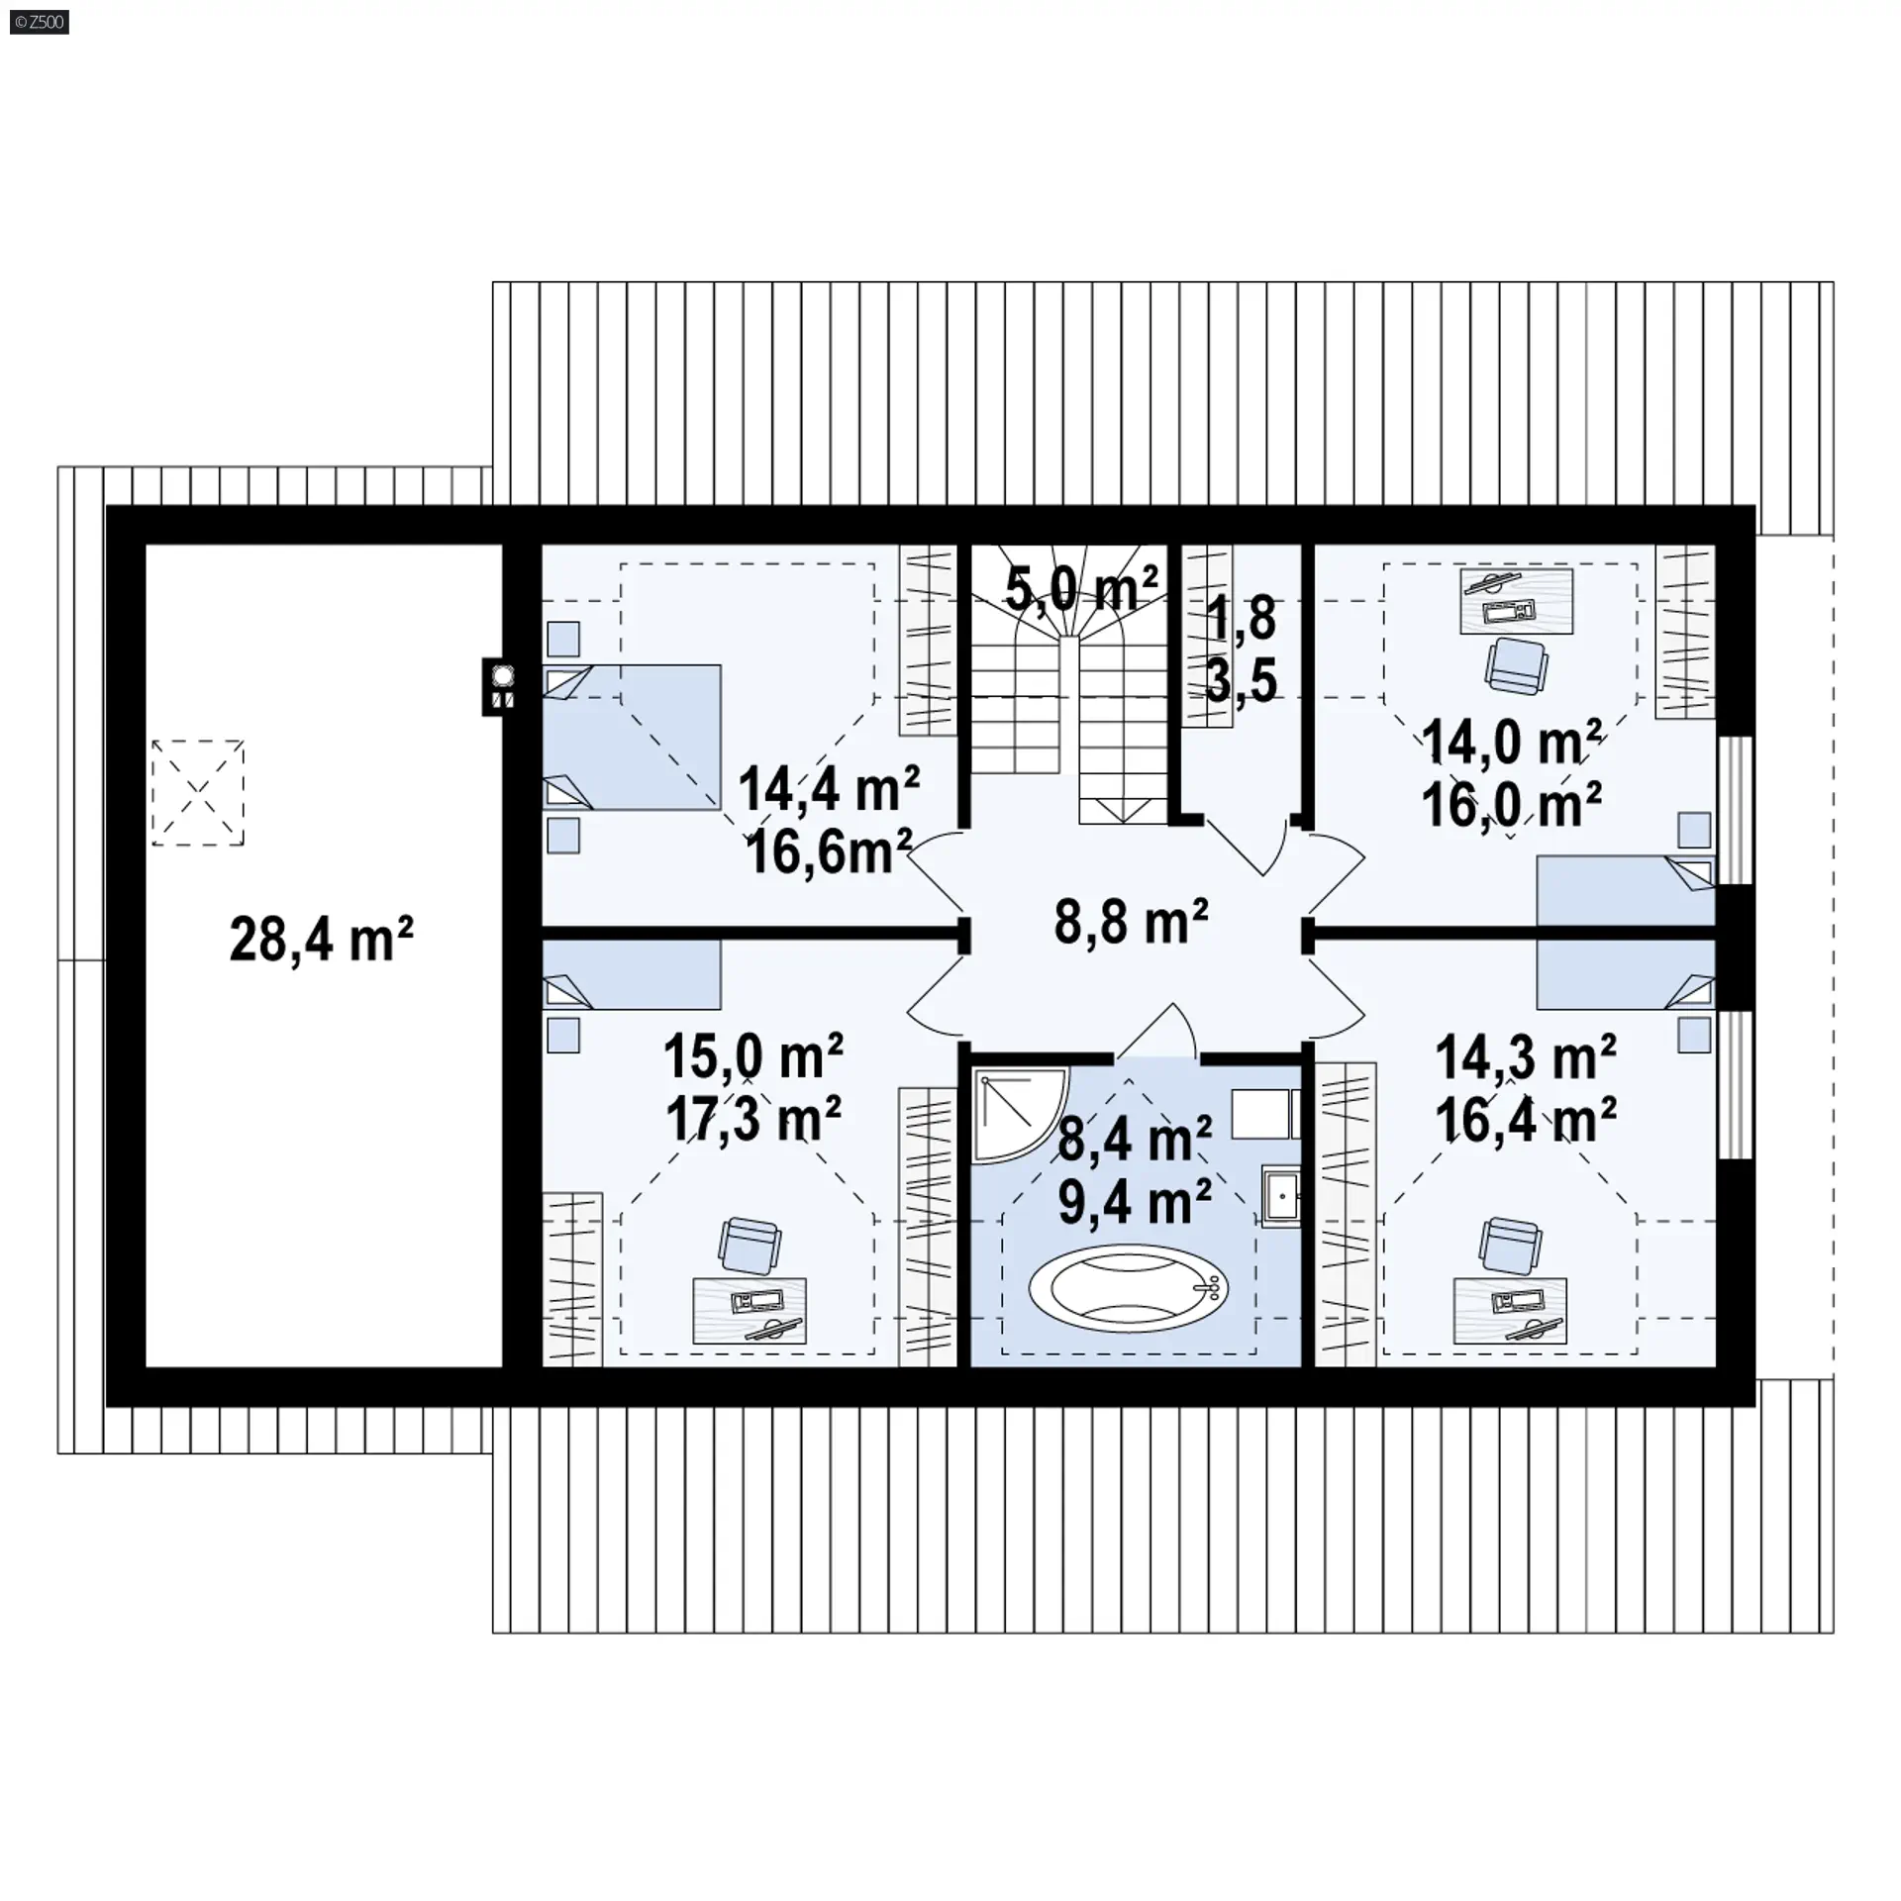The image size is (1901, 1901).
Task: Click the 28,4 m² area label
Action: pos(321,939)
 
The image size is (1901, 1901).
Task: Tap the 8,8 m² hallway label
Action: pos(1131,922)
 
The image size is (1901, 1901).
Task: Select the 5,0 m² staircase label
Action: pos(1081,589)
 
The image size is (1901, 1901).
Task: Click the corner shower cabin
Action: pos(1015,1109)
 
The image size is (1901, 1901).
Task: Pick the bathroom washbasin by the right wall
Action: pos(1280,1196)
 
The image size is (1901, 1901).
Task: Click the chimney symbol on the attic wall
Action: pos(503,686)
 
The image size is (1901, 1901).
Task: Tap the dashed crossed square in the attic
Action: pos(198,792)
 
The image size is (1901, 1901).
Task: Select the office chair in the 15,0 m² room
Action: pos(749,1245)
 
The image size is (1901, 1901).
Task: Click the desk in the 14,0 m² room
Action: pos(1517,600)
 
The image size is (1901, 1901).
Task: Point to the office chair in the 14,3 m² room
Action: pos(1511,1245)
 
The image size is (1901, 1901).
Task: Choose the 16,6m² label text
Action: pos(829,851)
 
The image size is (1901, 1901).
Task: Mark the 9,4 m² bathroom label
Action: pos(1135,1202)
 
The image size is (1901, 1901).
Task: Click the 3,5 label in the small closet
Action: pos(1242,680)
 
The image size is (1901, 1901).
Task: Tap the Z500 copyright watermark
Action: pos(40,22)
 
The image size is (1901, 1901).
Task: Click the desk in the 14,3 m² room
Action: pos(1510,1310)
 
